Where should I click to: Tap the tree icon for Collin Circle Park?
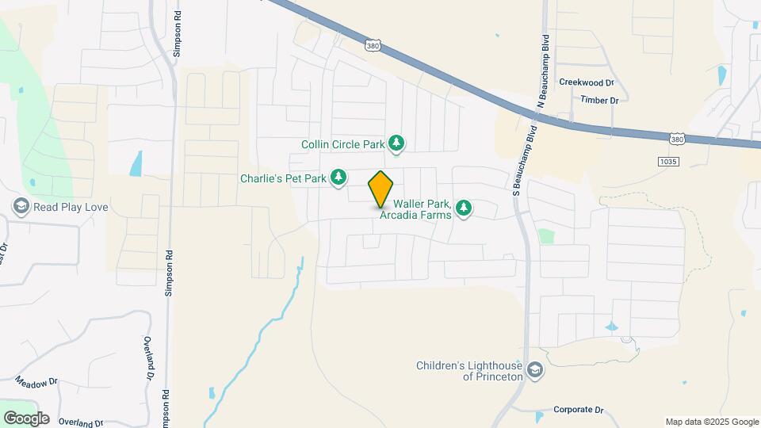tap(397, 143)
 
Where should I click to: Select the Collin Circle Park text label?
tap(342, 144)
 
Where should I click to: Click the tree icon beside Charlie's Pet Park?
tap(339, 178)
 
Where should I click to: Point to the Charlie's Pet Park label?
tap(284, 178)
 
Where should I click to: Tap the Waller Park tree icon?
tap(464, 208)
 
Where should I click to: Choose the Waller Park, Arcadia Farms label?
tap(415, 209)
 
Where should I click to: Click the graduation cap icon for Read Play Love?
tap(21, 208)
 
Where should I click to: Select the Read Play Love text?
tap(71, 208)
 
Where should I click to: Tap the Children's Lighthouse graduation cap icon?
tap(536, 370)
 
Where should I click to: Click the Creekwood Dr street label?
tap(587, 82)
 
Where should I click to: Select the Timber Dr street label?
tap(598, 100)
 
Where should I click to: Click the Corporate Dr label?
tap(577, 410)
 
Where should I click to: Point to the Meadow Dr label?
tap(36, 380)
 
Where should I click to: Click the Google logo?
tap(26, 418)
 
